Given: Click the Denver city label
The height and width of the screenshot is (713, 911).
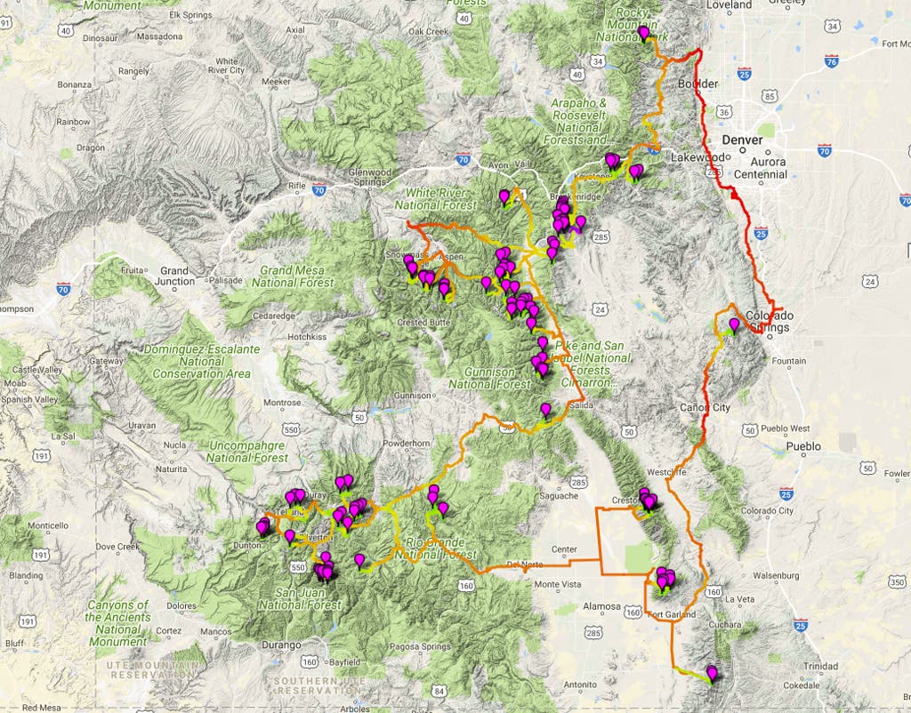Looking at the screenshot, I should pyautogui.click(x=742, y=140).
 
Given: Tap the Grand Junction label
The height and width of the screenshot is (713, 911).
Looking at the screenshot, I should pyautogui.click(x=176, y=276).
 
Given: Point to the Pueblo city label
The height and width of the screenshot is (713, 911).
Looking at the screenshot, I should pyautogui.click(x=803, y=446).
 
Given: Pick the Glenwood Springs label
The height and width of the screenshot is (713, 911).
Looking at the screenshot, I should pyautogui.click(x=371, y=177).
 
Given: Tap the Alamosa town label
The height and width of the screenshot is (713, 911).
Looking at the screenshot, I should pyautogui.click(x=601, y=607).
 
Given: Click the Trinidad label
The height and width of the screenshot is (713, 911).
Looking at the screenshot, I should pyautogui.click(x=820, y=666).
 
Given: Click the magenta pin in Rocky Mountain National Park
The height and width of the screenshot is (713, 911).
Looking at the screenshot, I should pyautogui.click(x=644, y=33).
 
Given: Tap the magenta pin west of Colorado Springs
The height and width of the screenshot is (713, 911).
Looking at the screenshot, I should pyautogui.click(x=733, y=324).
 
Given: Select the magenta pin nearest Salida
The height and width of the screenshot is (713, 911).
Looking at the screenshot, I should pyautogui.click(x=546, y=409).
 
